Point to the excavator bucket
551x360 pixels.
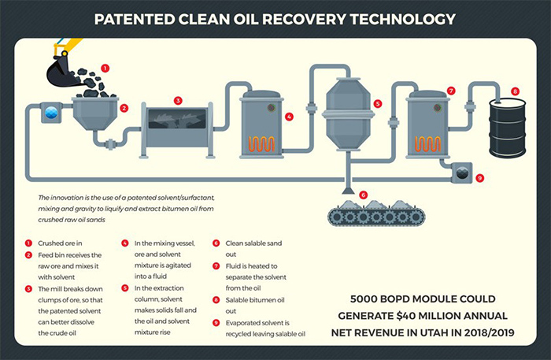[62, 73]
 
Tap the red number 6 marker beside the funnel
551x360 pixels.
[363, 194]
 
